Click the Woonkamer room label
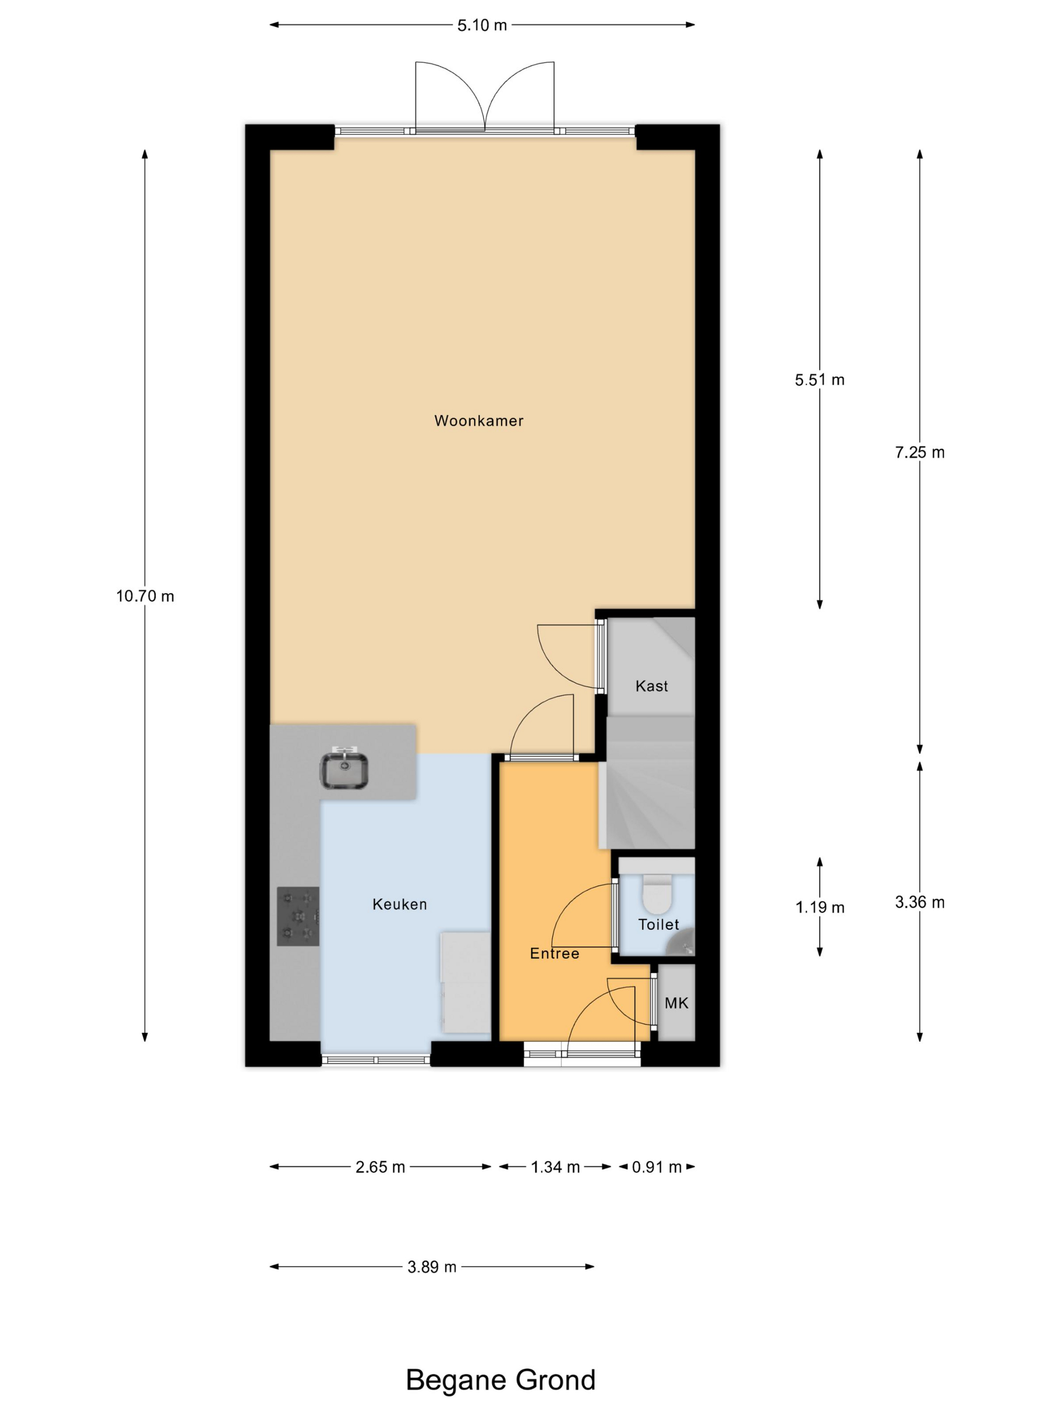click(478, 421)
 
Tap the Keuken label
click(400, 904)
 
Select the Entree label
click(554, 953)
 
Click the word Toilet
click(658, 924)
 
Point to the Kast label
click(652, 686)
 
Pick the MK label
click(676, 1003)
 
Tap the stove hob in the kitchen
click(298, 916)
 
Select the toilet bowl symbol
click(657, 893)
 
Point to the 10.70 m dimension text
click(145, 596)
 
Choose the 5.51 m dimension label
click(819, 380)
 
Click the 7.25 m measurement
click(920, 452)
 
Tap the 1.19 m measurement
click(819, 907)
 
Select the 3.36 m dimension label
click(920, 902)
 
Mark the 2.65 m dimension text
click(380, 1167)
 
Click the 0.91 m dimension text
click(657, 1167)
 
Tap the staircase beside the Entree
click(647, 782)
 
